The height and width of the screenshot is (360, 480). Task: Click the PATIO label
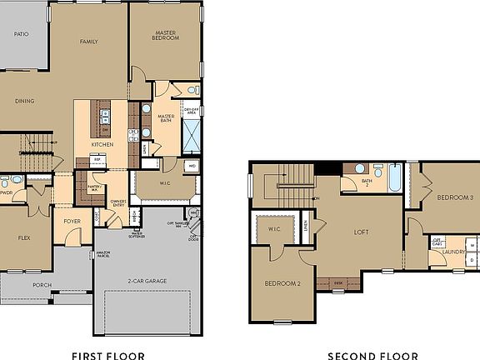pos(22,34)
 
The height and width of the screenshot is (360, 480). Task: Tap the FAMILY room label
pos(89,41)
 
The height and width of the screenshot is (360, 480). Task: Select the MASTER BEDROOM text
pos(165,36)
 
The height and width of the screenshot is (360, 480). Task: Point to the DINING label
pos(25,101)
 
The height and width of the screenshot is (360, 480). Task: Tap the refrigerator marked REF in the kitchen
pos(97,158)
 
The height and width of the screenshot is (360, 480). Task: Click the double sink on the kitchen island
pos(105,117)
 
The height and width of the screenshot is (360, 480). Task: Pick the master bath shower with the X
pos(192,133)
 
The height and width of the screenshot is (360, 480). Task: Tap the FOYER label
pos(72,221)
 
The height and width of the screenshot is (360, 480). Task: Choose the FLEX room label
pos(24,237)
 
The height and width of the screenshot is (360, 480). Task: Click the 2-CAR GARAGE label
pos(147,281)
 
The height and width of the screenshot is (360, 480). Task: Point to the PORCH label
pos(42,285)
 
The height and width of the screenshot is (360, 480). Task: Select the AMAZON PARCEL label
pos(103,253)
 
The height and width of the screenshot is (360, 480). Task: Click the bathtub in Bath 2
pos(394,177)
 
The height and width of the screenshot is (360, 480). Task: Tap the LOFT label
pos(361,232)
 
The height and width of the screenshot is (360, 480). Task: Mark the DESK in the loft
pos(338,282)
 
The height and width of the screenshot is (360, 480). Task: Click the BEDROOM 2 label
pos(282,283)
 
